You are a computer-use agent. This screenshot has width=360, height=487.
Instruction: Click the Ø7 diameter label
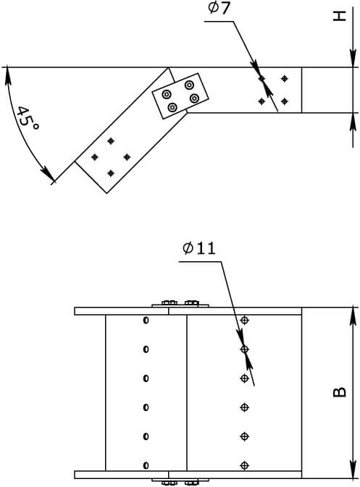[x=219, y=8]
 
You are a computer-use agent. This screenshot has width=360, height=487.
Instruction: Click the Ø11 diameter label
[x=199, y=248]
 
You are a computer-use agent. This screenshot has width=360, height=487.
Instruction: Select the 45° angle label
[x=28, y=119]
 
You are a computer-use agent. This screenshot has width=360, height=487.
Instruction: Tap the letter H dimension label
[x=340, y=16]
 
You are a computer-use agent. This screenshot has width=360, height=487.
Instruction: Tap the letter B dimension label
[x=340, y=392]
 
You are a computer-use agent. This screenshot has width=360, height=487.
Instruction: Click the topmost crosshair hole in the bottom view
[x=245, y=320]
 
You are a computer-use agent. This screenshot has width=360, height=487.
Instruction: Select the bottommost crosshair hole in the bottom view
[x=245, y=465]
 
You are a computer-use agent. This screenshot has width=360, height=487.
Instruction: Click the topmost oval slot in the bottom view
[x=146, y=320]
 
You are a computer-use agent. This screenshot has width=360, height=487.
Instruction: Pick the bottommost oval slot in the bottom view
[x=146, y=465]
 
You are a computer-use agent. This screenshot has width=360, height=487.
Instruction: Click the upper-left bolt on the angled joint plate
[x=167, y=94]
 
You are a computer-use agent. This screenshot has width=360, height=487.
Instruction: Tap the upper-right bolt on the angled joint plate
[x=189, y=85]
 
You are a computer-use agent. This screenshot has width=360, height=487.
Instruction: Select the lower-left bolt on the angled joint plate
[x=172, y=108]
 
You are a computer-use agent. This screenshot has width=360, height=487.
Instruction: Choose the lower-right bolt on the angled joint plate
[x=194, y=98]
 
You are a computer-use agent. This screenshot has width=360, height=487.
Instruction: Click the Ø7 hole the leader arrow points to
[x=261, y=79]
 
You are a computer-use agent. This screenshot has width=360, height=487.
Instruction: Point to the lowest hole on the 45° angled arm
[x=111, y=173]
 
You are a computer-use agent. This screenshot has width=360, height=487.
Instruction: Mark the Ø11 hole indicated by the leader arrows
[x=245, y=349]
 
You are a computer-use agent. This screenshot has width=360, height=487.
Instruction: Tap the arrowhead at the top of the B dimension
[x=353, y=316]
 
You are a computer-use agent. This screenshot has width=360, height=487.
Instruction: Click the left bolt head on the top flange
[x=169, y=302]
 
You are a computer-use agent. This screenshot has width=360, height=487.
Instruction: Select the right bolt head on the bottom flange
[x=191, y=483]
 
